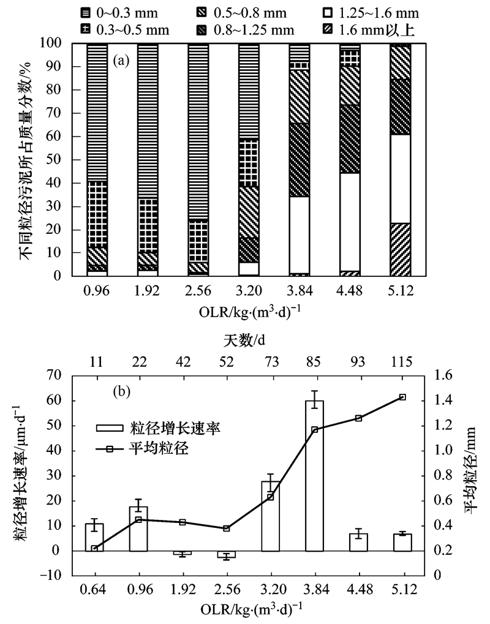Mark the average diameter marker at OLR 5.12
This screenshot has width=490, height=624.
[x=402, y=397]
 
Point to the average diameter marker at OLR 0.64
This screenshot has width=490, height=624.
[x=94, y=549]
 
